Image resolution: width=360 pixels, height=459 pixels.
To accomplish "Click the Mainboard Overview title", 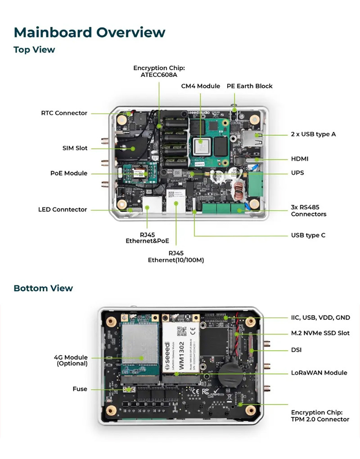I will (x=90, y=32).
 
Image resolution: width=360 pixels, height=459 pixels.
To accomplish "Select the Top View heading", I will (x=34, y=49).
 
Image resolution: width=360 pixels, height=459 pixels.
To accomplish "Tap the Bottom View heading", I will (x=43, y=288).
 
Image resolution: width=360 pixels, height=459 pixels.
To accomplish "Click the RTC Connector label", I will (x=64, y=113).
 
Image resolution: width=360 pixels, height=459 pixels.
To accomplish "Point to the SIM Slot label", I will (x=75, y=148).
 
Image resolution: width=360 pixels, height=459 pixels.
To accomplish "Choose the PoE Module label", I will (x=69, y=173).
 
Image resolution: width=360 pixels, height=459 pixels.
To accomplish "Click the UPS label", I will (x=297, y=173).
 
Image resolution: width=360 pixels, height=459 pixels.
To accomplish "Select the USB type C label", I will (x=308, y=235).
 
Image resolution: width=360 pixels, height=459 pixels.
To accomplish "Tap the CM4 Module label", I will (x=201, y=86).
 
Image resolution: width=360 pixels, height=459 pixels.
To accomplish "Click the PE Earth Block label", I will (x=249, y=86).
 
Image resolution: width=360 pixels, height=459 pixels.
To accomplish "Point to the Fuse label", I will (x=80, y=389).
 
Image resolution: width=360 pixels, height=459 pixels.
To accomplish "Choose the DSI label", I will (x=296, y=350).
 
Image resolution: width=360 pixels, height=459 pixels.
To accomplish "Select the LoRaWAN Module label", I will (x=319, y=373).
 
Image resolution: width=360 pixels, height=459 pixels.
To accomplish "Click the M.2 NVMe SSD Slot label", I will (x=320, y=333).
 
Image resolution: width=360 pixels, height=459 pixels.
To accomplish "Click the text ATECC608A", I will (x=159, y=75).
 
